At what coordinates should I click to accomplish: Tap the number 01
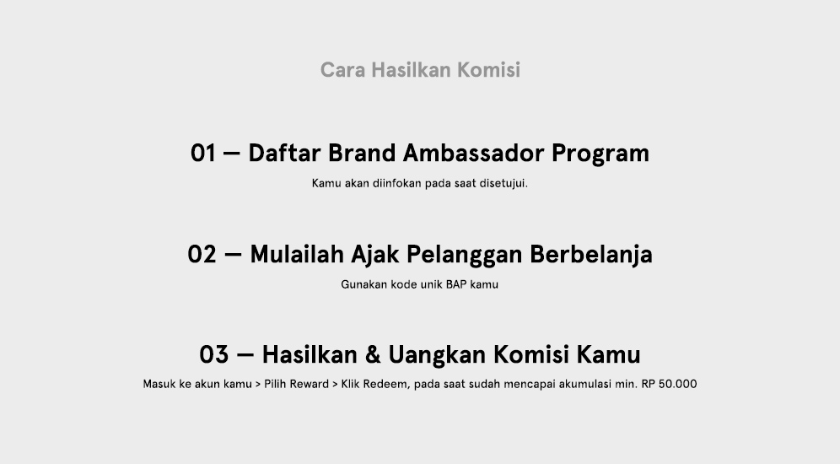click(x=203, y=154)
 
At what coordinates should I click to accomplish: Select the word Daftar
click(x=284, y=153)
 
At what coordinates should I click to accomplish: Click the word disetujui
click(x=503, y=183)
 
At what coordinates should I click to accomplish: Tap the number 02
click(x=202, y=255)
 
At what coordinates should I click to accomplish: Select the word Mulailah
click(x=297, y=254)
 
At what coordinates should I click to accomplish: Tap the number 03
click(x=213, y=354)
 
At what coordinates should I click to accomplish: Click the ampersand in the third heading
click(x=373, y=354)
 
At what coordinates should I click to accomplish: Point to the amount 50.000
click(x=678, y=384)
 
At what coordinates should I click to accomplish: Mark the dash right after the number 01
click(x=231, y=154)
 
